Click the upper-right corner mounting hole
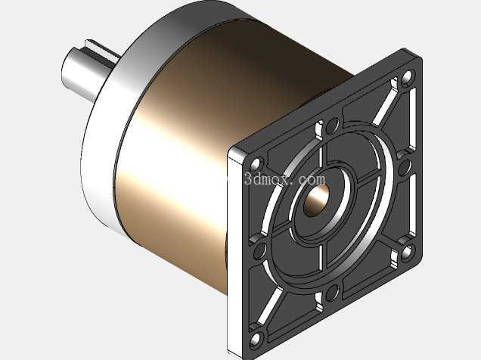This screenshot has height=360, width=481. tap(407, 77)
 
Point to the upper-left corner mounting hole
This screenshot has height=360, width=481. tap(255, 164)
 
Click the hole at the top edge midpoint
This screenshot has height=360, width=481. tap(330, 126)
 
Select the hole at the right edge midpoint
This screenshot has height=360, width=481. tap(405, 166)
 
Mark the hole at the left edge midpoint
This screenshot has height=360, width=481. tap(260, 250)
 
